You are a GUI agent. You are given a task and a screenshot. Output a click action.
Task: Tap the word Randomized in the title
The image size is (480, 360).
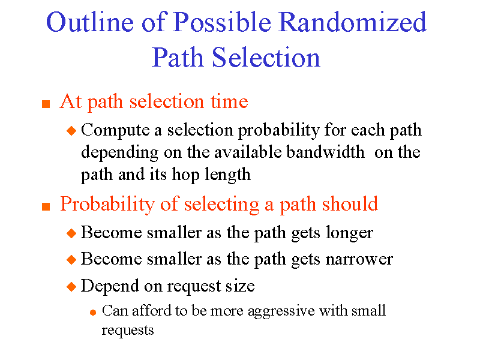point(353,23)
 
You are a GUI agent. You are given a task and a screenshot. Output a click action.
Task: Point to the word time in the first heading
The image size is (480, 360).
point(229,102)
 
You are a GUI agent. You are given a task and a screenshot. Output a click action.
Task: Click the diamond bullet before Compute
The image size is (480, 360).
point(71,130)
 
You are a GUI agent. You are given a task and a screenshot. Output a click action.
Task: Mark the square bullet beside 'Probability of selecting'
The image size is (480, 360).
point(45,206)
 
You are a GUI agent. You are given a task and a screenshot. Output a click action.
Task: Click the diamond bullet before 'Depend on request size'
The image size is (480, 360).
point(71,287)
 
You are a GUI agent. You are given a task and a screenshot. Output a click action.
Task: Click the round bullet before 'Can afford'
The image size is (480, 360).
point(92,312)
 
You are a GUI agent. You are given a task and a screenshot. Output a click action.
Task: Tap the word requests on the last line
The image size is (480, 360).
point(128,330)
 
